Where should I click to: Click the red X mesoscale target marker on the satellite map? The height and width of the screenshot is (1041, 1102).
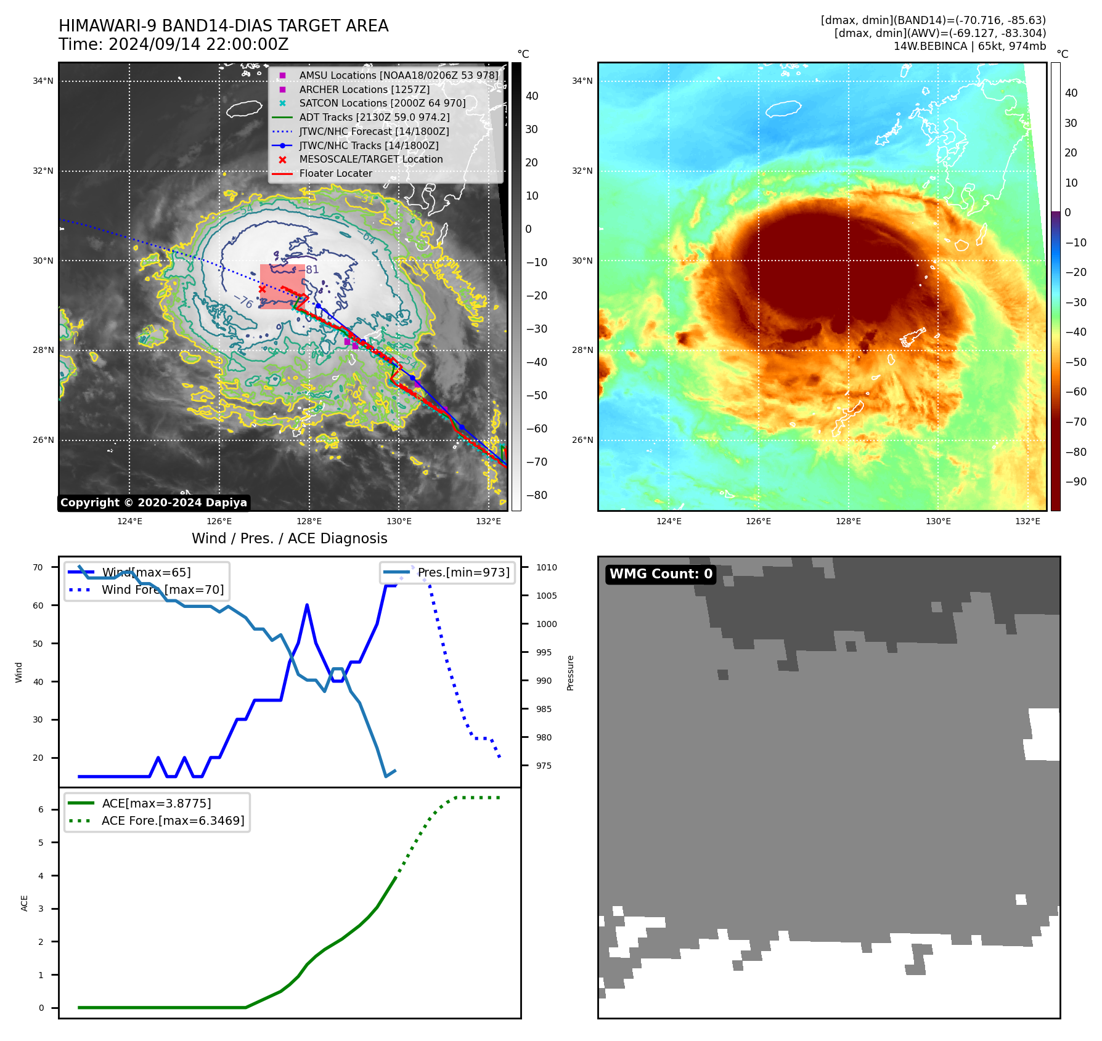[x=262, y=289]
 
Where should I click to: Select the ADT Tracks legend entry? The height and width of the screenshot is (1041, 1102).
[x=374, y=117]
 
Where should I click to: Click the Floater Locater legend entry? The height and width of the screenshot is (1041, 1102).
[x=335, y=174]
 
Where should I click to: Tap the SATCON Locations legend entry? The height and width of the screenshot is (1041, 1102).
[x=382, y=103]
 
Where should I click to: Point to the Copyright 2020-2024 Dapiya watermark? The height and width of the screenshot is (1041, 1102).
[x=153, y=503]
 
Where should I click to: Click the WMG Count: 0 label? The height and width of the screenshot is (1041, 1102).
[x=661, y=574]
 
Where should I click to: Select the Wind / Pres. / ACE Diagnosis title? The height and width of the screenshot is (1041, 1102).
[x=289, y=538]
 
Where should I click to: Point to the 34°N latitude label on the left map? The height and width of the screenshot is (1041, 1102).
[x=43, y=81]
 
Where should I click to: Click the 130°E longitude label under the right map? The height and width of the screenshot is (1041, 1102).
[x=938, y=521]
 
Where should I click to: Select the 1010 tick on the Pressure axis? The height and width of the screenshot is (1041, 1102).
[x=546, y=567]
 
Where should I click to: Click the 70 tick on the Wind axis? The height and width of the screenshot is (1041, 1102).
[x=38, y=567]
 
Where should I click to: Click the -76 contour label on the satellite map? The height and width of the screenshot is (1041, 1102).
[x=243, y=301]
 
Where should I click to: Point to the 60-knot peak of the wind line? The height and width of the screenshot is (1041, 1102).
[x=307, y=606]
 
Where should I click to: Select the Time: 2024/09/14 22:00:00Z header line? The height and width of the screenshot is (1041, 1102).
[x=173, y=44]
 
